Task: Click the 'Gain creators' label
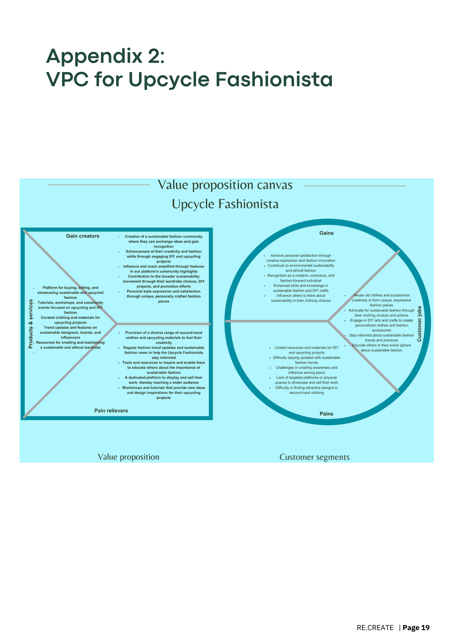[83, 236]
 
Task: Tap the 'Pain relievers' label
[111, 411]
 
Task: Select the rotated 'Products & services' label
[31, 324]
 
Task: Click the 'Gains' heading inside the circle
[326, 233]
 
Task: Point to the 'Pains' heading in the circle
[326, 414]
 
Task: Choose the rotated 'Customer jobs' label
[419, 324]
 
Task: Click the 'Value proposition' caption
[128, 457]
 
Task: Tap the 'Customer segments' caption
[315, 457]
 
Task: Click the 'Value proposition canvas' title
[225, 185]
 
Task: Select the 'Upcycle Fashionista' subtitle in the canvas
[225, 204]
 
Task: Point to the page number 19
[425, 628]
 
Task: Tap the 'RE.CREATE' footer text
[375, 628]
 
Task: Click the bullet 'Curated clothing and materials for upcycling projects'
[70, 320]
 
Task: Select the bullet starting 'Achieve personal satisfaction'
[301, 258]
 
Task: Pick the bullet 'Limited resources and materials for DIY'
[307, 350]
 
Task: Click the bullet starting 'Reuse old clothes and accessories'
[382, 300]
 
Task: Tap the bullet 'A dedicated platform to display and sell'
[164, 380]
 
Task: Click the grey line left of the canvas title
[99, 185]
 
